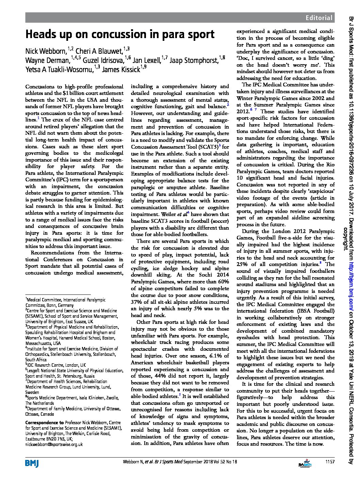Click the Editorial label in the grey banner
click(318, 18)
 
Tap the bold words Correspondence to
click(44, 423)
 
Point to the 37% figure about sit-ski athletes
click(137, 302)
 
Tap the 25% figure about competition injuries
click(243, 264)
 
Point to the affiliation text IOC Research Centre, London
click(56, 365)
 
